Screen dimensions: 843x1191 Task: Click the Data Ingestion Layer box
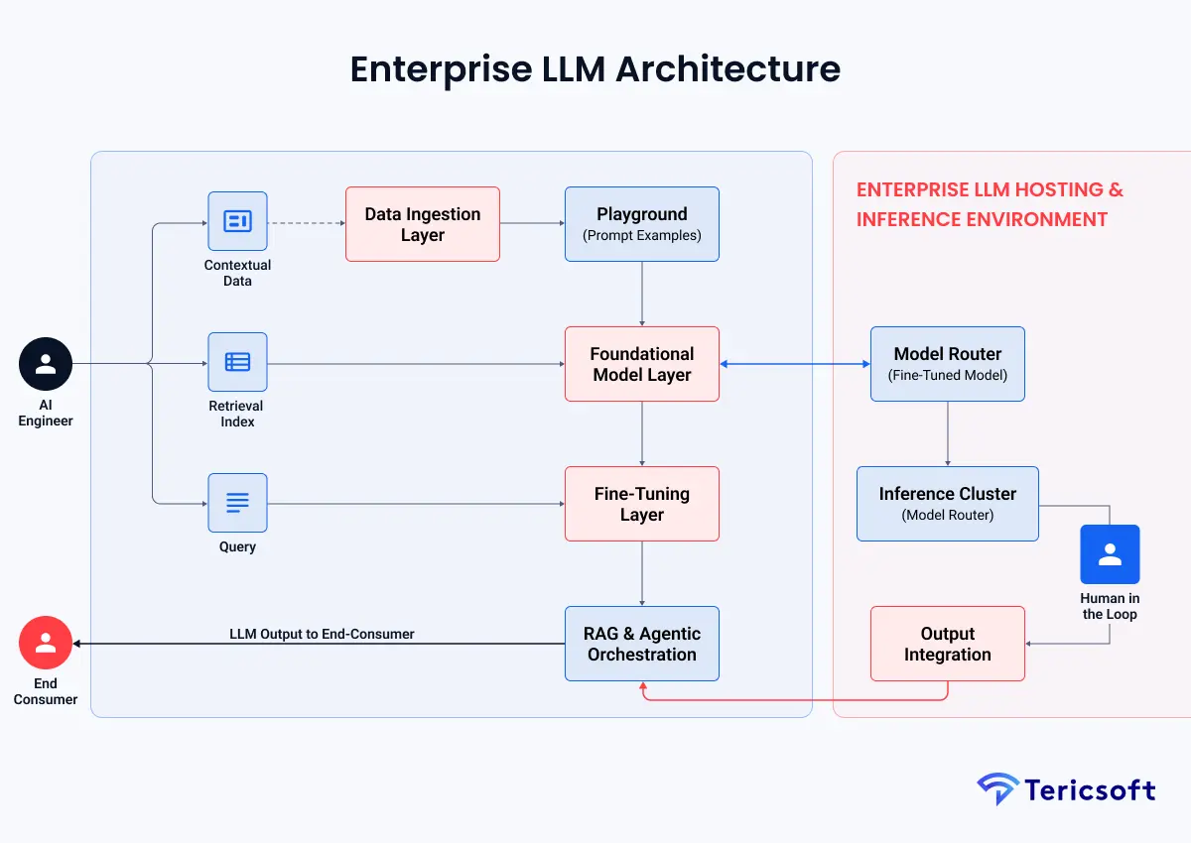pos(422,224)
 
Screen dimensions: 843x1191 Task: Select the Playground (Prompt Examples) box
pos(641,224)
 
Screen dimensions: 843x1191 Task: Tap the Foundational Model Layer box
pos(641,364)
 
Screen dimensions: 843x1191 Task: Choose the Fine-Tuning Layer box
pos(641,504)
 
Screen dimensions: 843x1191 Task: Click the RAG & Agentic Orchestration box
pos(641,644)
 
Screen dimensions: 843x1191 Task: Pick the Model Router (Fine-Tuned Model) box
pos(947,364)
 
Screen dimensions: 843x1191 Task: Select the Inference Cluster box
pos(947,504)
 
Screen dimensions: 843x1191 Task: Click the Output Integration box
pos(947,644)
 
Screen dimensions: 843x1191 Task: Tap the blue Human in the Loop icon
pos(1110,554)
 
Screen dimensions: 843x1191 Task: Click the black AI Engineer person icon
pos(46,364)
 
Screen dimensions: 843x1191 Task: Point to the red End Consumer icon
pos(46,643)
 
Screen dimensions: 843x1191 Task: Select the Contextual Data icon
pos(237,221)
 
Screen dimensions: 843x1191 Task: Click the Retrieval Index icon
pos(237,362)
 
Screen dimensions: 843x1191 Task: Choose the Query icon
pos(237,503)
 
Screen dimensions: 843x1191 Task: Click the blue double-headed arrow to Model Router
pos(794,364)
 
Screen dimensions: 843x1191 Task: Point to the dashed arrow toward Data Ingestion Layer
pos(306,223)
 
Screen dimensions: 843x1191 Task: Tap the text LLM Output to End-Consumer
pos(322,634)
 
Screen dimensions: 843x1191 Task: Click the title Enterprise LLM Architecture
pos(595,69)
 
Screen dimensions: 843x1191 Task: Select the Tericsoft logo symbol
pos(996,789)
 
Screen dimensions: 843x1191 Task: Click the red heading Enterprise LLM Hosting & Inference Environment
pos(990,204)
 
